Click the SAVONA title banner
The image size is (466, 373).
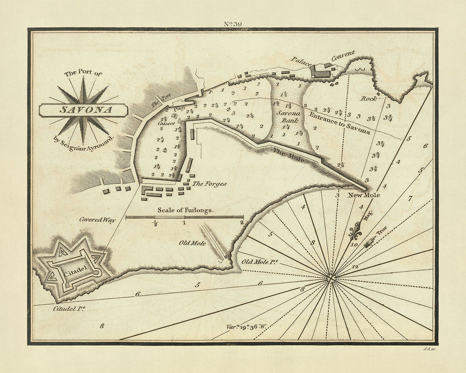coord(82,110)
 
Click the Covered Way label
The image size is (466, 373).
coord(97,220)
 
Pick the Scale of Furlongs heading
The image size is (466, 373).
coord(185,211)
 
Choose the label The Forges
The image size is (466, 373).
coord(209,183)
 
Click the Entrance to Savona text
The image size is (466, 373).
coord(340,122)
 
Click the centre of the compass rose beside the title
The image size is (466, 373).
coord(82,110)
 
